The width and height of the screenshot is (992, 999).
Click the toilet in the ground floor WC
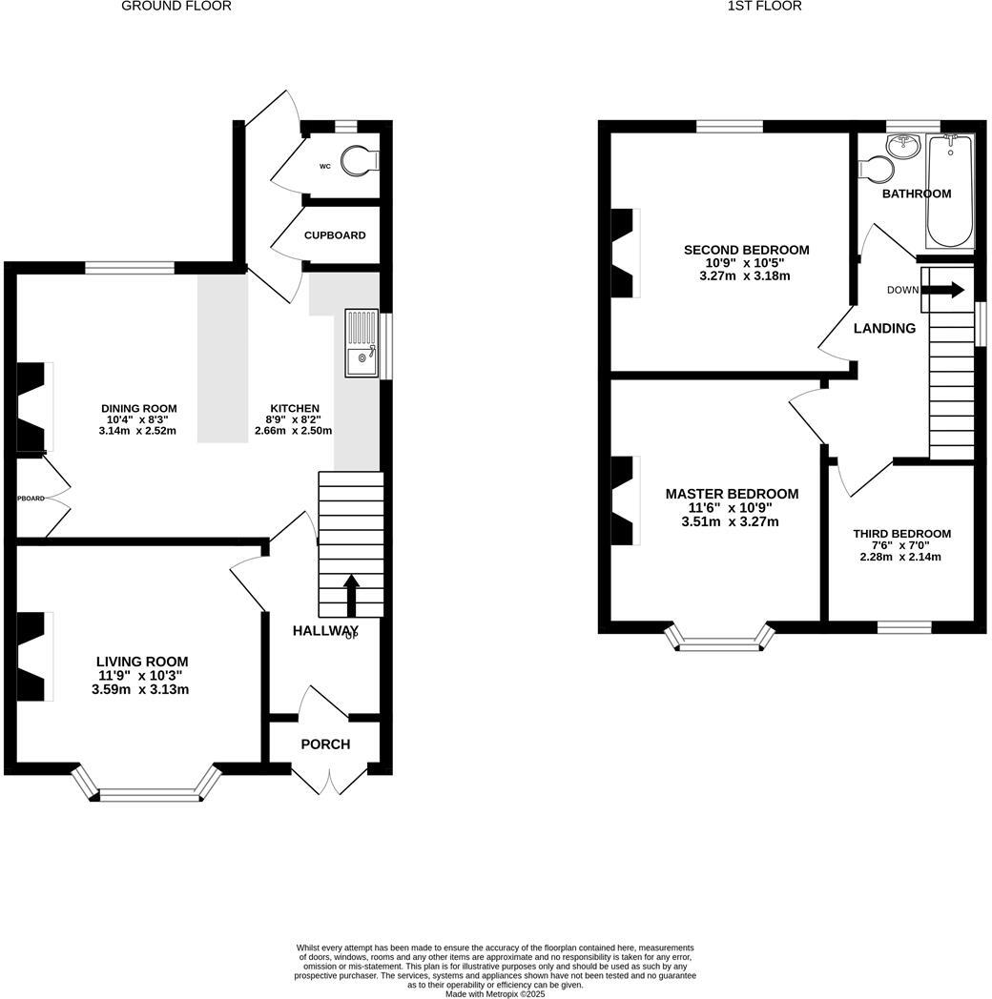click(x=358, y=161)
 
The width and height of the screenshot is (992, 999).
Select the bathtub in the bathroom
click(x=949, y=191)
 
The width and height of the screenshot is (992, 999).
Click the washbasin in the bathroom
click(x=901, y=145)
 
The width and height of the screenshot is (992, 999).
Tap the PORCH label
click(x=325, y=744)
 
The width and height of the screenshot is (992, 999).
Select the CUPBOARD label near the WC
click(x=335, y=235)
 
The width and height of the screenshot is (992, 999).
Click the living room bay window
click(x=146, y=787)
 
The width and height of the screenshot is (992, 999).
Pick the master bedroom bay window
click(x=718, y=641)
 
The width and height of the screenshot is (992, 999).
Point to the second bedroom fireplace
click(x=622, y=254)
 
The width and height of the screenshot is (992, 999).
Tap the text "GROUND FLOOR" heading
click(x=176, y=6)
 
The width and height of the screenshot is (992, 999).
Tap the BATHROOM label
click(x=916, y=194)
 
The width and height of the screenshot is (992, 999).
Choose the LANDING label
click(x=884, y=328)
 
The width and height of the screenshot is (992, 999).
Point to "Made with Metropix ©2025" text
click(x=495, y=993)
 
